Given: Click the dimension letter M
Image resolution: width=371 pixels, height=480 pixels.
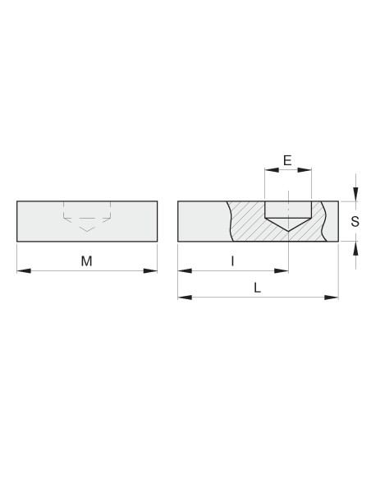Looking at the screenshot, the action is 86,261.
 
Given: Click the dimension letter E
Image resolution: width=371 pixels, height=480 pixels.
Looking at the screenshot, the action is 287,160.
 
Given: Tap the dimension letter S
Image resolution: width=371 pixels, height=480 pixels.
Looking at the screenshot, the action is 355,221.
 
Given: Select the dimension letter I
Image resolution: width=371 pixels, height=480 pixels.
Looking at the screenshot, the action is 233,261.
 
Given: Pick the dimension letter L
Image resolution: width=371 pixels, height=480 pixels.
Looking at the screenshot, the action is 257,288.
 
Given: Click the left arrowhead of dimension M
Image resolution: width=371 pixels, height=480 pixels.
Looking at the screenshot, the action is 24,271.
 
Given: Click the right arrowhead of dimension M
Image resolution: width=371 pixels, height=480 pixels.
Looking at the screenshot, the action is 150,271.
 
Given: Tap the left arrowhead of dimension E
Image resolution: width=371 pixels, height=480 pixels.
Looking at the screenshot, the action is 272,170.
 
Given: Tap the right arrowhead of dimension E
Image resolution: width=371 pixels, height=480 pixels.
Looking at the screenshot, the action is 305,170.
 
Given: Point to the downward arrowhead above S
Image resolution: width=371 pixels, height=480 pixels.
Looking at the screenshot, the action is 355,194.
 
